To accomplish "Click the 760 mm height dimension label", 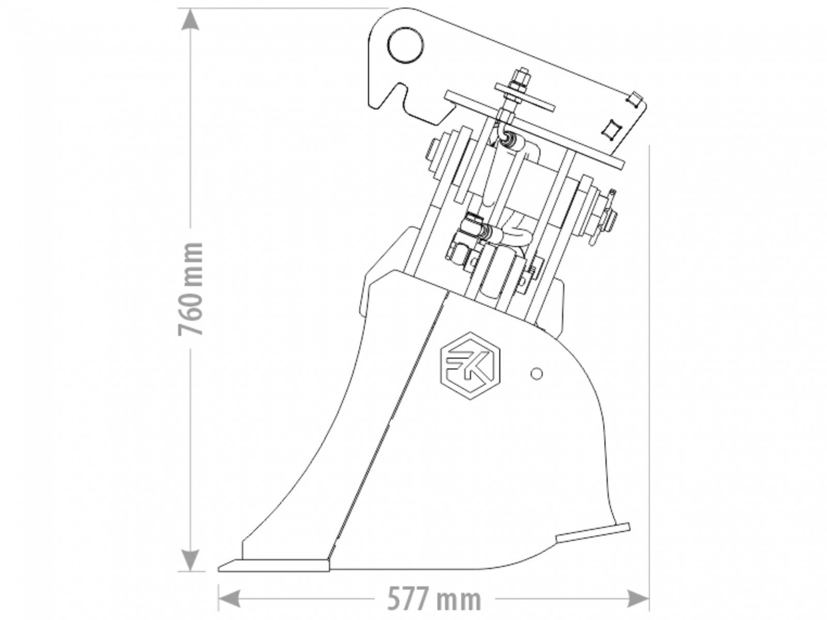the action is pyautogui.click(x=191, y=288).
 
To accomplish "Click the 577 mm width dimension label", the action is pyautogui.click(x=434, y=598).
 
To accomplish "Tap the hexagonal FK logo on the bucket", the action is pyautogui.click(x=470, y=366).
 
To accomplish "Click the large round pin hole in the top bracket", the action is pyautogui.click(x=405, y=45).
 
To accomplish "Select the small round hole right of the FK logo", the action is pyautogui.click(x=537, y=374).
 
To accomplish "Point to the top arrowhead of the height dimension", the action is pyautogui.click(x=190, y=19).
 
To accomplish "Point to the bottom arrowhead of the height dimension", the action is pyautogui.click(x=190, y=561).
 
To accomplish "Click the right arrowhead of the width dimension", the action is pyautogui.click(x=638, y=598).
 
